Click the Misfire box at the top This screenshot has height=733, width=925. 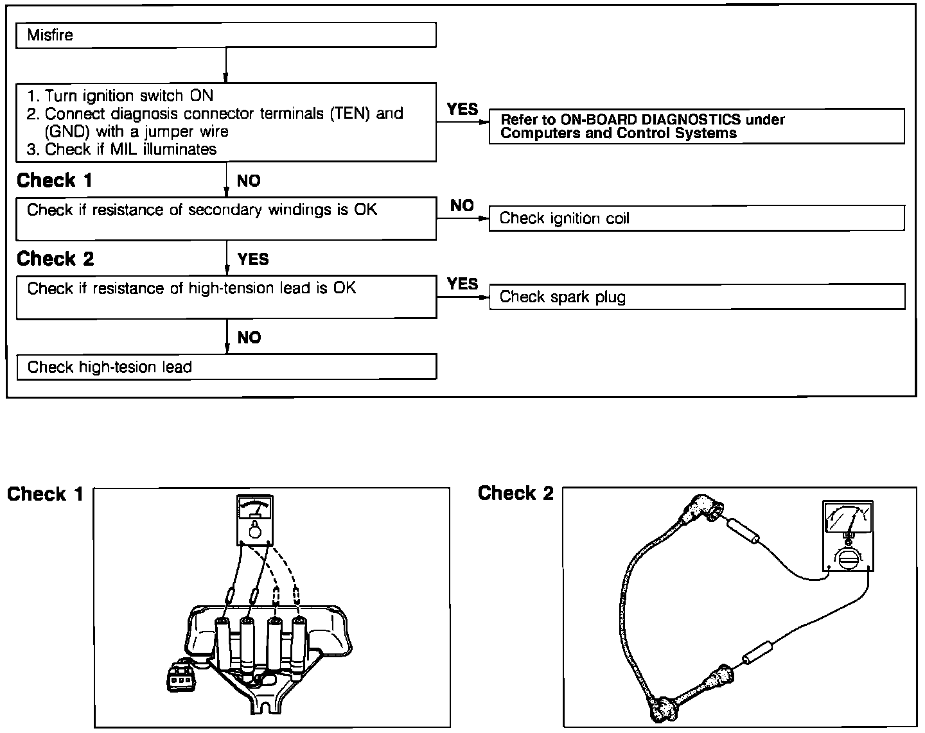pyautogui.click(x=225, y=35)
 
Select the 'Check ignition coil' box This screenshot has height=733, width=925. pyautogui.click(x=696, y=218)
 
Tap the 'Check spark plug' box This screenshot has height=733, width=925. pyautogui.click(x=696, y=297)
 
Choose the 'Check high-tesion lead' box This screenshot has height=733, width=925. pyautogui.click(x=225, y=367)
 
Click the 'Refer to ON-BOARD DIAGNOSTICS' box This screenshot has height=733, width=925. pyautogui.click(x=696, y=126)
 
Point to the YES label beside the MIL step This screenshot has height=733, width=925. pyautogui.click(x=463, y=110)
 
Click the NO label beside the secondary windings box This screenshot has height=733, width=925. pyautogui.click(x=462, y=206)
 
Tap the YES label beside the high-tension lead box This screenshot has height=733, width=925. pyautogui.click(x=463, y=284)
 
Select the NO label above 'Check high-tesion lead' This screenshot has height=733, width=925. pyautogui.click(x=249, y=338)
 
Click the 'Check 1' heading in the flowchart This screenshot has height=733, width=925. pyautogui.click(x=55, y=181)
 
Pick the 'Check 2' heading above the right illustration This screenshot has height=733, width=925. pyautogui.click(x=515, y=493)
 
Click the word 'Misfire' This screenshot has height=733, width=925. pyautogui.click(x=50, y=35)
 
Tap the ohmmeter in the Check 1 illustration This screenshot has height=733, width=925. pyautogui.click(x=255, y=520)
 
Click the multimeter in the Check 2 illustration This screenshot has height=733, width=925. pyautogui.click(x=847, y=537)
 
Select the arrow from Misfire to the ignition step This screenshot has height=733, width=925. pyautogui.click(x=226, y=65)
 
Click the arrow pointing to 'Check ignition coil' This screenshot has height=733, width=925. pyautogui.click(x=463, y=219)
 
